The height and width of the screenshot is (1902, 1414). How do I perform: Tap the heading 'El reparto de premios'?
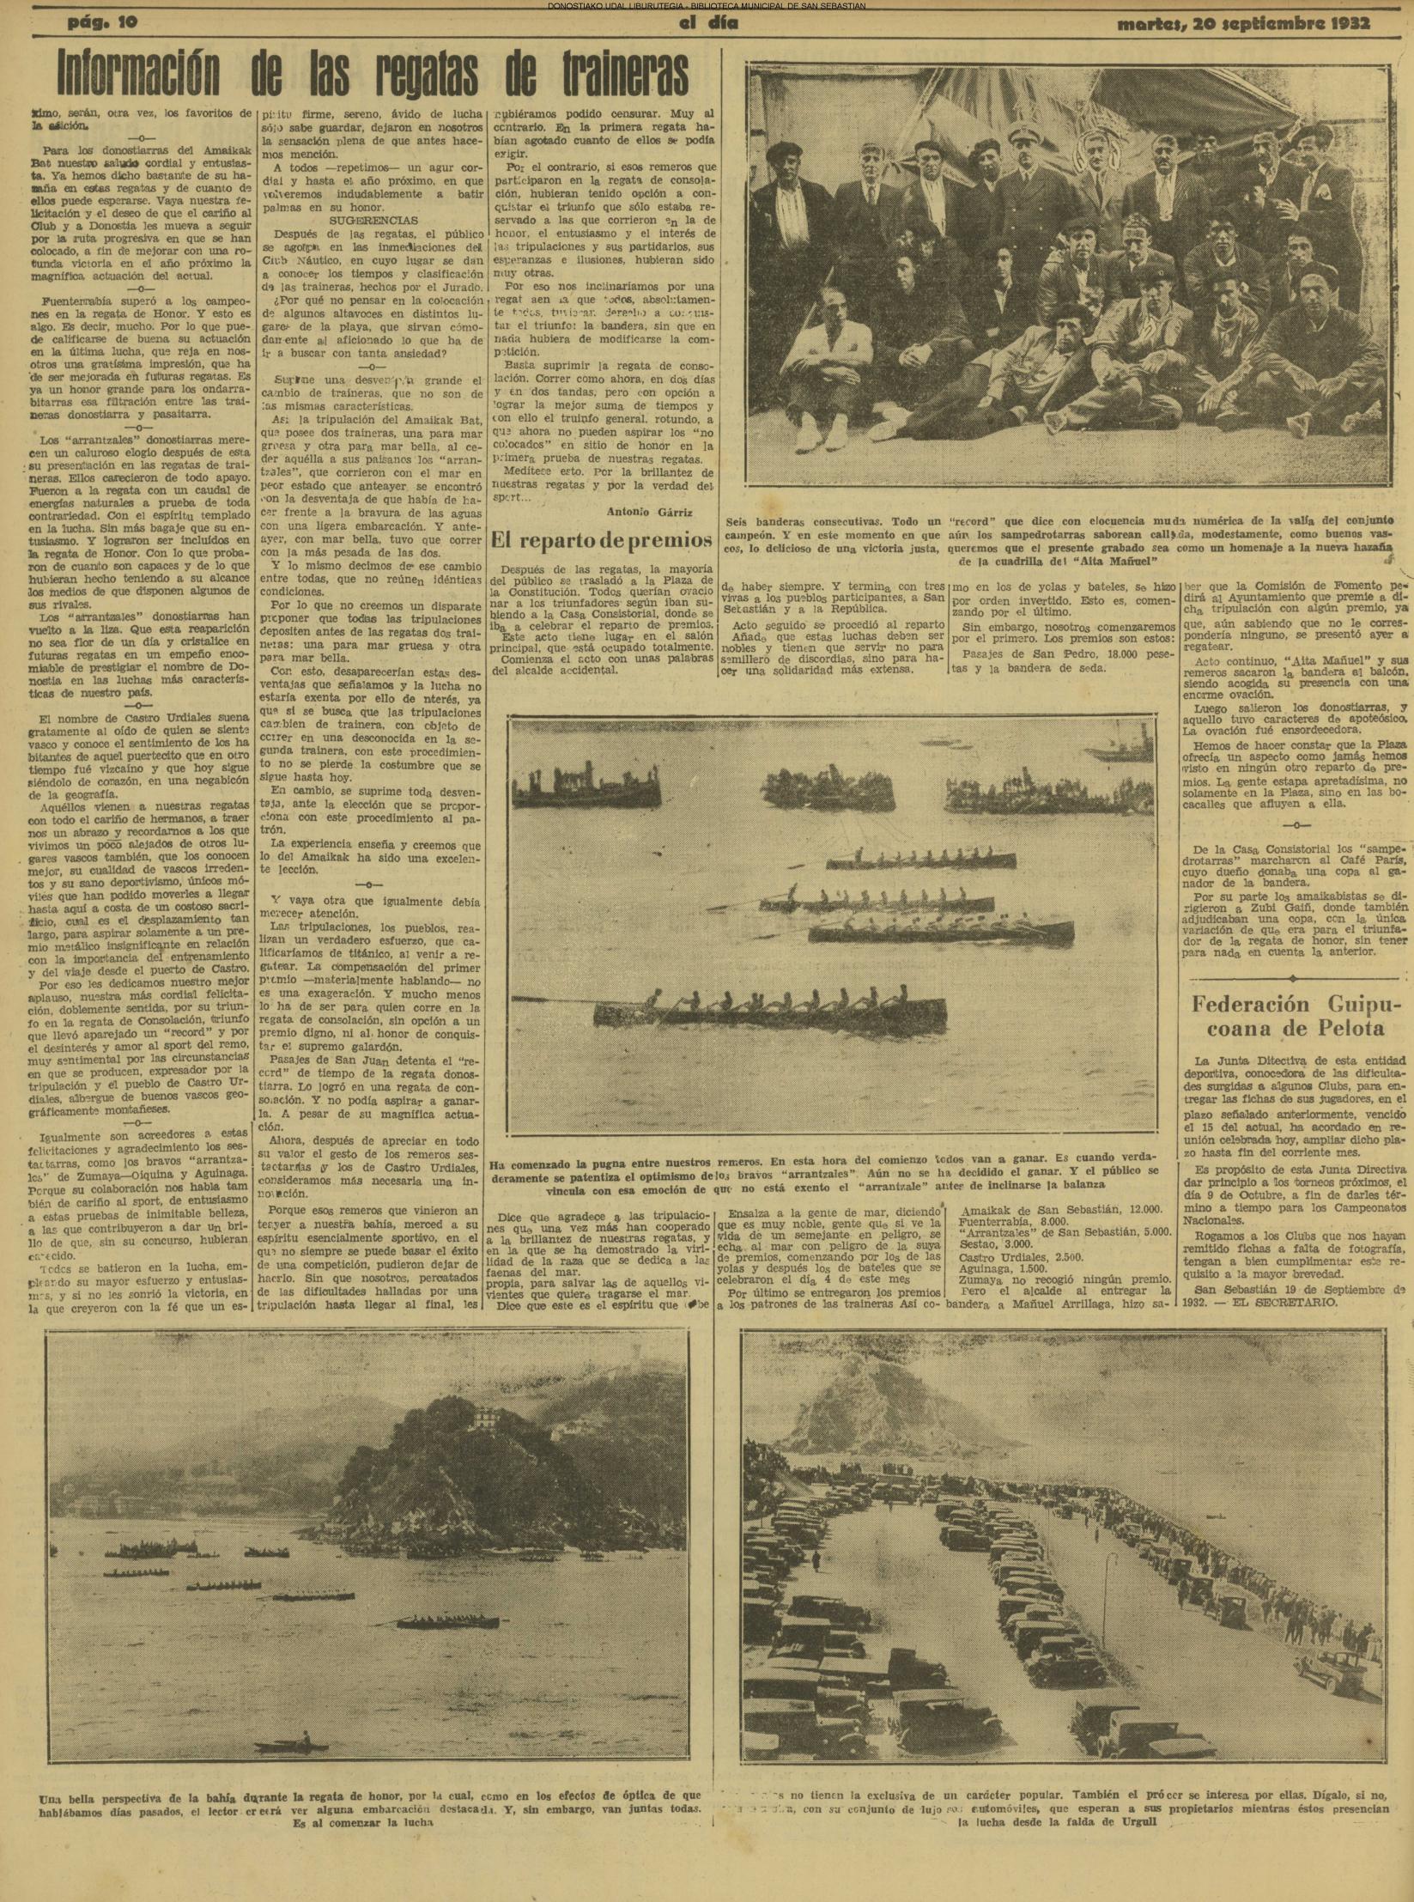click(x=601, y=540)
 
